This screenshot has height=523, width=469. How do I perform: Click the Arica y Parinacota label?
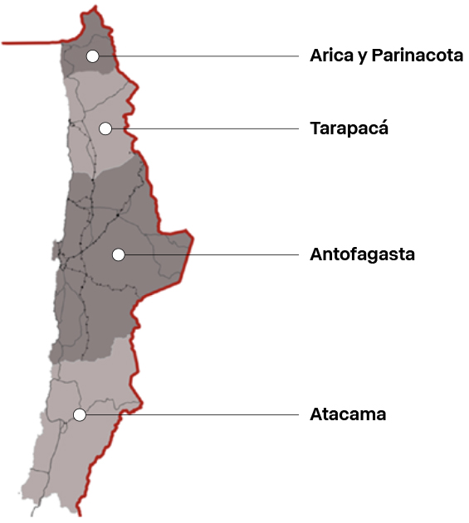pos(386,56)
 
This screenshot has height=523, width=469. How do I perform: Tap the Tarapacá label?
pos(349,128)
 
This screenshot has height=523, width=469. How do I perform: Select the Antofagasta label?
pos(362,254)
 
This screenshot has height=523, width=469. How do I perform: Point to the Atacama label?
pos(348,414)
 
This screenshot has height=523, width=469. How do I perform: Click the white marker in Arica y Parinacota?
pos(92,56)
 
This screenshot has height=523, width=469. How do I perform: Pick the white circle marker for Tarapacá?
pos(105,128)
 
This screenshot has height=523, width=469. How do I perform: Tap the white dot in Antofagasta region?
pos(119,254)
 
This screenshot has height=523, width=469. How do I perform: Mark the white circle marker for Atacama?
pos(80,414)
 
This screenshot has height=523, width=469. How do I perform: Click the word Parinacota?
pos(418,56)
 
